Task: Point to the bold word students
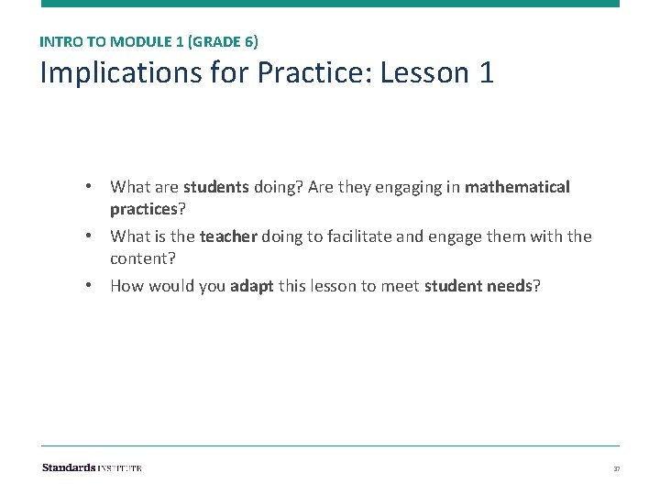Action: (215, 187)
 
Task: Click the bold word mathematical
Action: (517, 187)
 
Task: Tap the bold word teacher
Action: (228, 236)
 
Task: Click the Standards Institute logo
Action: (92, 467)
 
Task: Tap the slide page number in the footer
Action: (616, 468)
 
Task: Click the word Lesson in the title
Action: (423, 73)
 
